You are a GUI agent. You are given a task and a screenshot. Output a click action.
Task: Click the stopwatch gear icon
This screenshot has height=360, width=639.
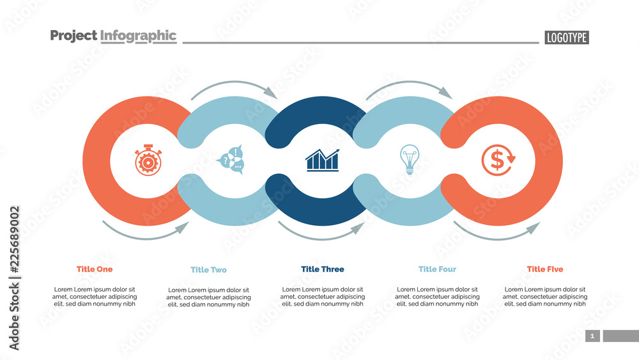click(147, 161)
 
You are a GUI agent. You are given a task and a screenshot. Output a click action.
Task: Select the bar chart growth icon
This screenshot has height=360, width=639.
click(322, 160)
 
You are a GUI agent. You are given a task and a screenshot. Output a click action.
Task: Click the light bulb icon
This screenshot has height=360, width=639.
click(409, 159)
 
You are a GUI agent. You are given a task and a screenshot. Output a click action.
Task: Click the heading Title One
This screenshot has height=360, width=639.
click(95, 269)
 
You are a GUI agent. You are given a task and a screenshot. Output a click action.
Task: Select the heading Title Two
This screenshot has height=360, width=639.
click(208, 270)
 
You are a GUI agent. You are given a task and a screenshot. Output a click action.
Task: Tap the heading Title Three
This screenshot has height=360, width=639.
click(323, 269)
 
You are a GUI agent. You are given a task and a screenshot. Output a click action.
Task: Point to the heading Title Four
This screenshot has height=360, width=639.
click(437, 269)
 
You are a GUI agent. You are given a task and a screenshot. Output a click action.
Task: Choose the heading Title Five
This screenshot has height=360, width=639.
click(545, 269)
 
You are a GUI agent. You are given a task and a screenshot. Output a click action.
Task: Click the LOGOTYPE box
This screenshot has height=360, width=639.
click(567, 38)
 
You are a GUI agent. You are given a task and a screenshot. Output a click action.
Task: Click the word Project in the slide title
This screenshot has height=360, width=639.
click(73, 36)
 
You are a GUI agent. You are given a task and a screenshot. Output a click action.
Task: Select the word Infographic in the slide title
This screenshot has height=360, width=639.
click(138, 36)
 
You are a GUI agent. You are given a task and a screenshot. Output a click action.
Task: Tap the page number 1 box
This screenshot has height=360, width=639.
click(592, 336)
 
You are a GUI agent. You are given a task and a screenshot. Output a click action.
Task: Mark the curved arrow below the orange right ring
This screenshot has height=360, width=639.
click(496, 233)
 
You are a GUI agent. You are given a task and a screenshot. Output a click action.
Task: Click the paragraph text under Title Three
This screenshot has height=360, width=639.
click(323, 297)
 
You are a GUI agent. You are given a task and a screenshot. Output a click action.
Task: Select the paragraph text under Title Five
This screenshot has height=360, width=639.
click(545, 297)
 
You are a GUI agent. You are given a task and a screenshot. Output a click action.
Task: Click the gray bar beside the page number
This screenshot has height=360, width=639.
click(620, 336)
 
